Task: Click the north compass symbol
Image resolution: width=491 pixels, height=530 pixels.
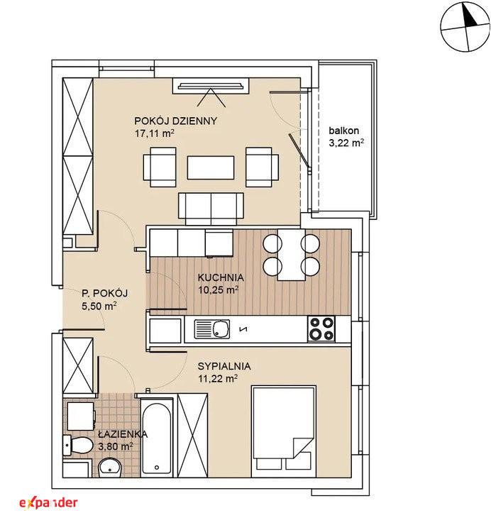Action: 465,27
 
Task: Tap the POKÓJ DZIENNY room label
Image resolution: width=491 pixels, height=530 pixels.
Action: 175,121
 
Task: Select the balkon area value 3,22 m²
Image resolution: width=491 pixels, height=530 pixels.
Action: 346,143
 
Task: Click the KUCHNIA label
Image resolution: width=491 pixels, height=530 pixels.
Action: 221,277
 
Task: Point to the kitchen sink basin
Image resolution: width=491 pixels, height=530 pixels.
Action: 221,329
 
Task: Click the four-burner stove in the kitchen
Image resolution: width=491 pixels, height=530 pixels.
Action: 321,329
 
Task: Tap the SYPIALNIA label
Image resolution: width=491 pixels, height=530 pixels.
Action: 224,366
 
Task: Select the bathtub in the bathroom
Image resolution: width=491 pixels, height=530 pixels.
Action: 157,436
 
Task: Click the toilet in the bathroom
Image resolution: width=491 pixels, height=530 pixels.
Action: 78,444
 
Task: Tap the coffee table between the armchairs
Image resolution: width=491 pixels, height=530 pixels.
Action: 211,167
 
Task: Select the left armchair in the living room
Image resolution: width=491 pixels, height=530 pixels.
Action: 160,167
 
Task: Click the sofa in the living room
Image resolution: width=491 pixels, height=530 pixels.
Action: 211,209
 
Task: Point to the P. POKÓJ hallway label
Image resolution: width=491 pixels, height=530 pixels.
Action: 105,293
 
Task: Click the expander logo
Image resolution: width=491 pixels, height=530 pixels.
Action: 48,503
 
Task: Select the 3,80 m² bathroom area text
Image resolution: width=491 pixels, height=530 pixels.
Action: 115,446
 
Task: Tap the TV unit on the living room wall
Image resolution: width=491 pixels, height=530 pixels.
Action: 211,86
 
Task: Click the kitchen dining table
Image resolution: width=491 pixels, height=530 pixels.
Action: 292,255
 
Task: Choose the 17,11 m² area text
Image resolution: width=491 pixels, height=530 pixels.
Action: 155,133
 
